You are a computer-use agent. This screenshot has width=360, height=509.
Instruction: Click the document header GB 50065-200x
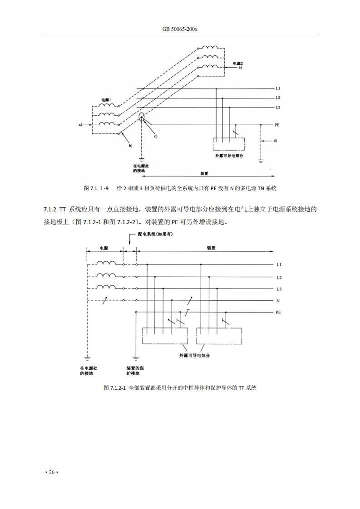click(x=180, y=29)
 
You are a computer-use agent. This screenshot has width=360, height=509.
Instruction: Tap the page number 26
click(x=52, y=472)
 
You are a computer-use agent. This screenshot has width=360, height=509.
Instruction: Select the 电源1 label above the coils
click(x=107, y=99)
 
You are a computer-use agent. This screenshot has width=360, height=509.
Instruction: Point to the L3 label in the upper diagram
click(x=278, y=108)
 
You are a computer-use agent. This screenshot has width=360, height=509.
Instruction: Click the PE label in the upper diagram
click(x=277, y=125)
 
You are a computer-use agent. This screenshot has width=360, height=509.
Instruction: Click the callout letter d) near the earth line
click(x=275, y=141)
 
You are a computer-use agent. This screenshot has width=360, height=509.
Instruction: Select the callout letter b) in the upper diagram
click(x=131, y=146)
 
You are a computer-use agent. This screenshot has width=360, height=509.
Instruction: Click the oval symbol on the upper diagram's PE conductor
click(x=142, y=118)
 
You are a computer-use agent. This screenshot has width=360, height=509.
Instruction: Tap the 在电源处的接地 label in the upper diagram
click(x=141, y=168)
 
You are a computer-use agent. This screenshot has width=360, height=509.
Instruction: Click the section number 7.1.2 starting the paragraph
click(x=50, y=210)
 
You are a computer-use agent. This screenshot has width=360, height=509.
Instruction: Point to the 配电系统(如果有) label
click(x=155, y=235)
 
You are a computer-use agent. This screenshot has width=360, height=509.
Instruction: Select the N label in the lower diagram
click(x=278, y=301)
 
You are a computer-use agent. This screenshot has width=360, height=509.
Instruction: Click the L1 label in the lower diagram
click(x=279, y=265)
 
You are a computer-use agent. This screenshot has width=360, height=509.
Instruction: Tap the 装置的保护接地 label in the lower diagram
click(x=135, y=371)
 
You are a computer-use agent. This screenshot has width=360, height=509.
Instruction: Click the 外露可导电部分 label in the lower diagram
click(x=195, y=356)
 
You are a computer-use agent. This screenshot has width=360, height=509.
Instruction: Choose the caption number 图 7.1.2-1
click(x=114, y=388)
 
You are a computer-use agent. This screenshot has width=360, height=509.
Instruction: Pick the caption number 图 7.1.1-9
click(x=96, y=188)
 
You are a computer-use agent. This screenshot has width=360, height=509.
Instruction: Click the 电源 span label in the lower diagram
click(x=104, y=248)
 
